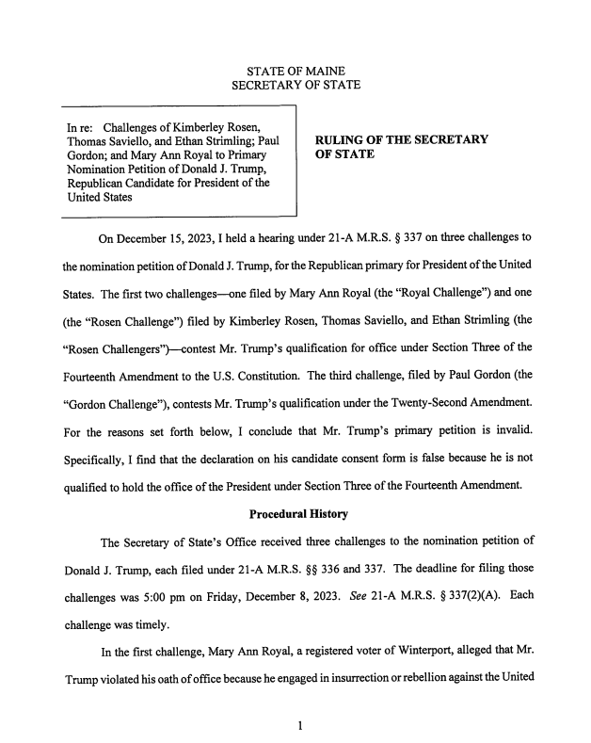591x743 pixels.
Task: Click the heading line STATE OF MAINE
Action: coord(295,73)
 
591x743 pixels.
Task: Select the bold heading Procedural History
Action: coord(297,514)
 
